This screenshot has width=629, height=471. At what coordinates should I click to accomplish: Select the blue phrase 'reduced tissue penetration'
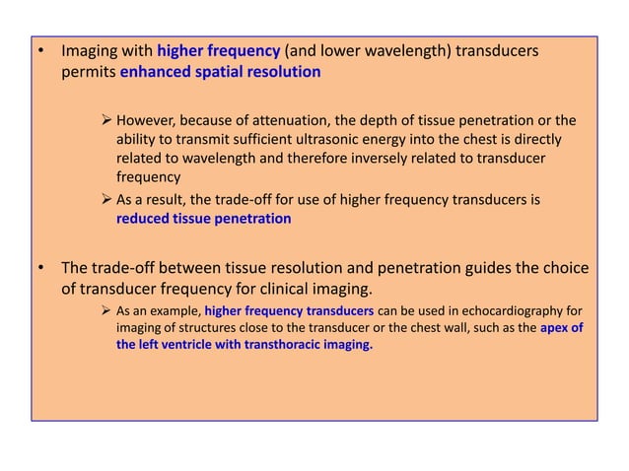pyautogui.click(x=204, y=220)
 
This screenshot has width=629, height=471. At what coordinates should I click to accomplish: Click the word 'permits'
pyautogui.click(x=89, y=72)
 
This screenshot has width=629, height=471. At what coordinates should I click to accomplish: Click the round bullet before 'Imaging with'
pyautogui.click(x=40, y=50)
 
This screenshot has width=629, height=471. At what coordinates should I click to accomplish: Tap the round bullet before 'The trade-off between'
pyautogui.click(x=40, y=268)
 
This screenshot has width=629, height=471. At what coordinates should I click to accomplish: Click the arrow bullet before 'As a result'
pyautogui.click(x=107, y=200)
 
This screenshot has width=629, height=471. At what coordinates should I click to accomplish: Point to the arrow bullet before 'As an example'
pyautogui.click(x=107, y=311)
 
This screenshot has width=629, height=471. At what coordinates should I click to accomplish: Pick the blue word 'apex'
pyautogui.click(x=555, y=328)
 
